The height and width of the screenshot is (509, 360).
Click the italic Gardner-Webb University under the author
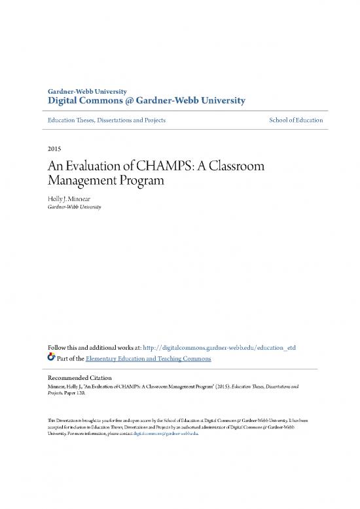73,207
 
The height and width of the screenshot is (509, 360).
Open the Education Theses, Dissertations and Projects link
105,121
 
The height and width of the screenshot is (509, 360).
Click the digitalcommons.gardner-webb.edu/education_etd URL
216,347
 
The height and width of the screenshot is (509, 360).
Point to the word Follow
56,347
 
